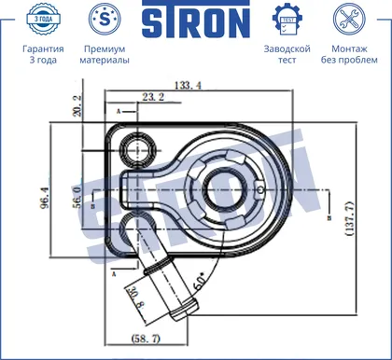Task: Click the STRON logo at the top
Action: tap(196, 20)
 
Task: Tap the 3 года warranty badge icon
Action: tap(43, 19)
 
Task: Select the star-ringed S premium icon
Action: tap(105, 19)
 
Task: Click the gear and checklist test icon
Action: tap(287, 20)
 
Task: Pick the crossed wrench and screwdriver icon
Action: tap(349, 19)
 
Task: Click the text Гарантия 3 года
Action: tap(43, 54)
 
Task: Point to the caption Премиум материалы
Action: tap(105, 54)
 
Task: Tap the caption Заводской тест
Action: tap(287, 54)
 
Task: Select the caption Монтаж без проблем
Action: tap(349, 54)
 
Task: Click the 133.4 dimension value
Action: tap(188, 85)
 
